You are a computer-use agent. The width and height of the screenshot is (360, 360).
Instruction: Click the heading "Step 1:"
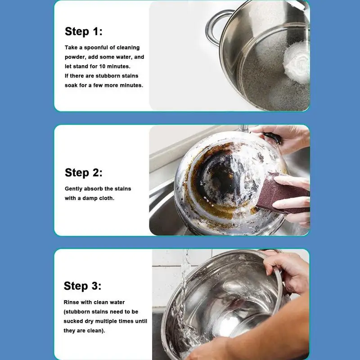(84, 31)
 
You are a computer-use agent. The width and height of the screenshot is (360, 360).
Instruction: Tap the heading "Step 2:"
(84, 173)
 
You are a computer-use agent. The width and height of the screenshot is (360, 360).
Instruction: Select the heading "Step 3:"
(82, 286)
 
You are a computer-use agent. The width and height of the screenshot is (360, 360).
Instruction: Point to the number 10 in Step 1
(102, 66)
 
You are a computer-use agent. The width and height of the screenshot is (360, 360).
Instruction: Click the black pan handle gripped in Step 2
(273, 138)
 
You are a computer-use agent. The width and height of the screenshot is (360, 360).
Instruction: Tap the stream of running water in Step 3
(184, 298)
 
